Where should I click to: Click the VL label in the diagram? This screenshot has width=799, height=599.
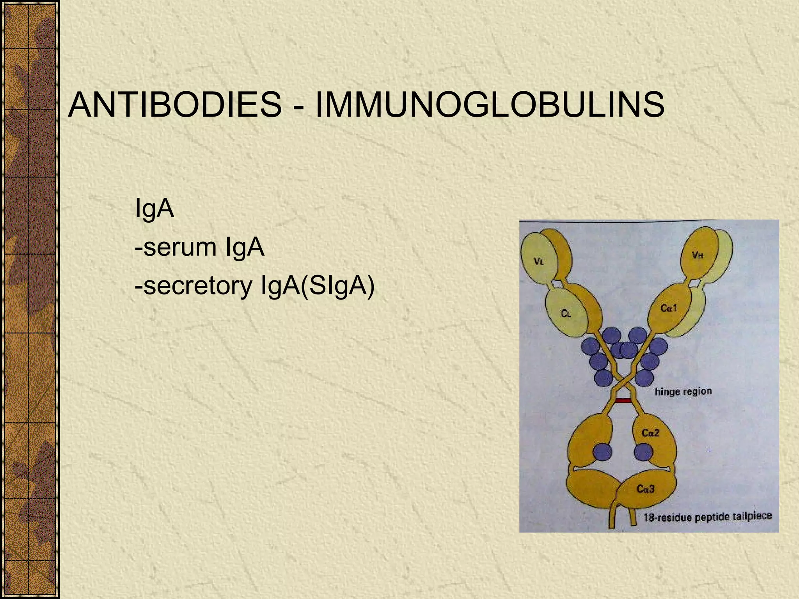tap(538, 262)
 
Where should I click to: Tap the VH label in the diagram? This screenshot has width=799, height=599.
tap(698, 255)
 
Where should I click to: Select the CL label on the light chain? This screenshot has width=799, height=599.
tap(566, 313)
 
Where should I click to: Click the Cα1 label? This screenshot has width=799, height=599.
tap(669, 308)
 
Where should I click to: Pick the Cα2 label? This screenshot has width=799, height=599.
tap(650, 433)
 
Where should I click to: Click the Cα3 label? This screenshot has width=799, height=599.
tap(645, 489)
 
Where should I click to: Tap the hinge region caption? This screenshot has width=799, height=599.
tap(683, 391)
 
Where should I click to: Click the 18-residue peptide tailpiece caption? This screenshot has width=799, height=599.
tap(707, 517)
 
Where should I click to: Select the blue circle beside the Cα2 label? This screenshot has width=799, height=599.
tap(643, 453)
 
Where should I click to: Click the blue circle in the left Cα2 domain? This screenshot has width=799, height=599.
tap(602, 453)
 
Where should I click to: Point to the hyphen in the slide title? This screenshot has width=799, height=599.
tap(298, 106)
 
